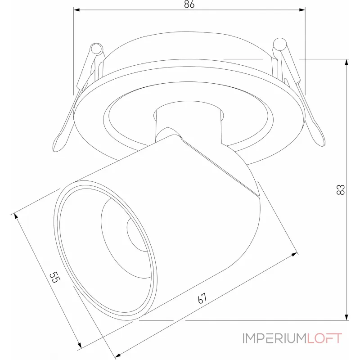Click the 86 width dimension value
tap(189, 5)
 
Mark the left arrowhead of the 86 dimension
tap(77, 9)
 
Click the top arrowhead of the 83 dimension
tap(346, 63)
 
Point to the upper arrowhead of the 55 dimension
tap(18, 216)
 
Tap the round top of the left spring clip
tap(97, 49)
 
